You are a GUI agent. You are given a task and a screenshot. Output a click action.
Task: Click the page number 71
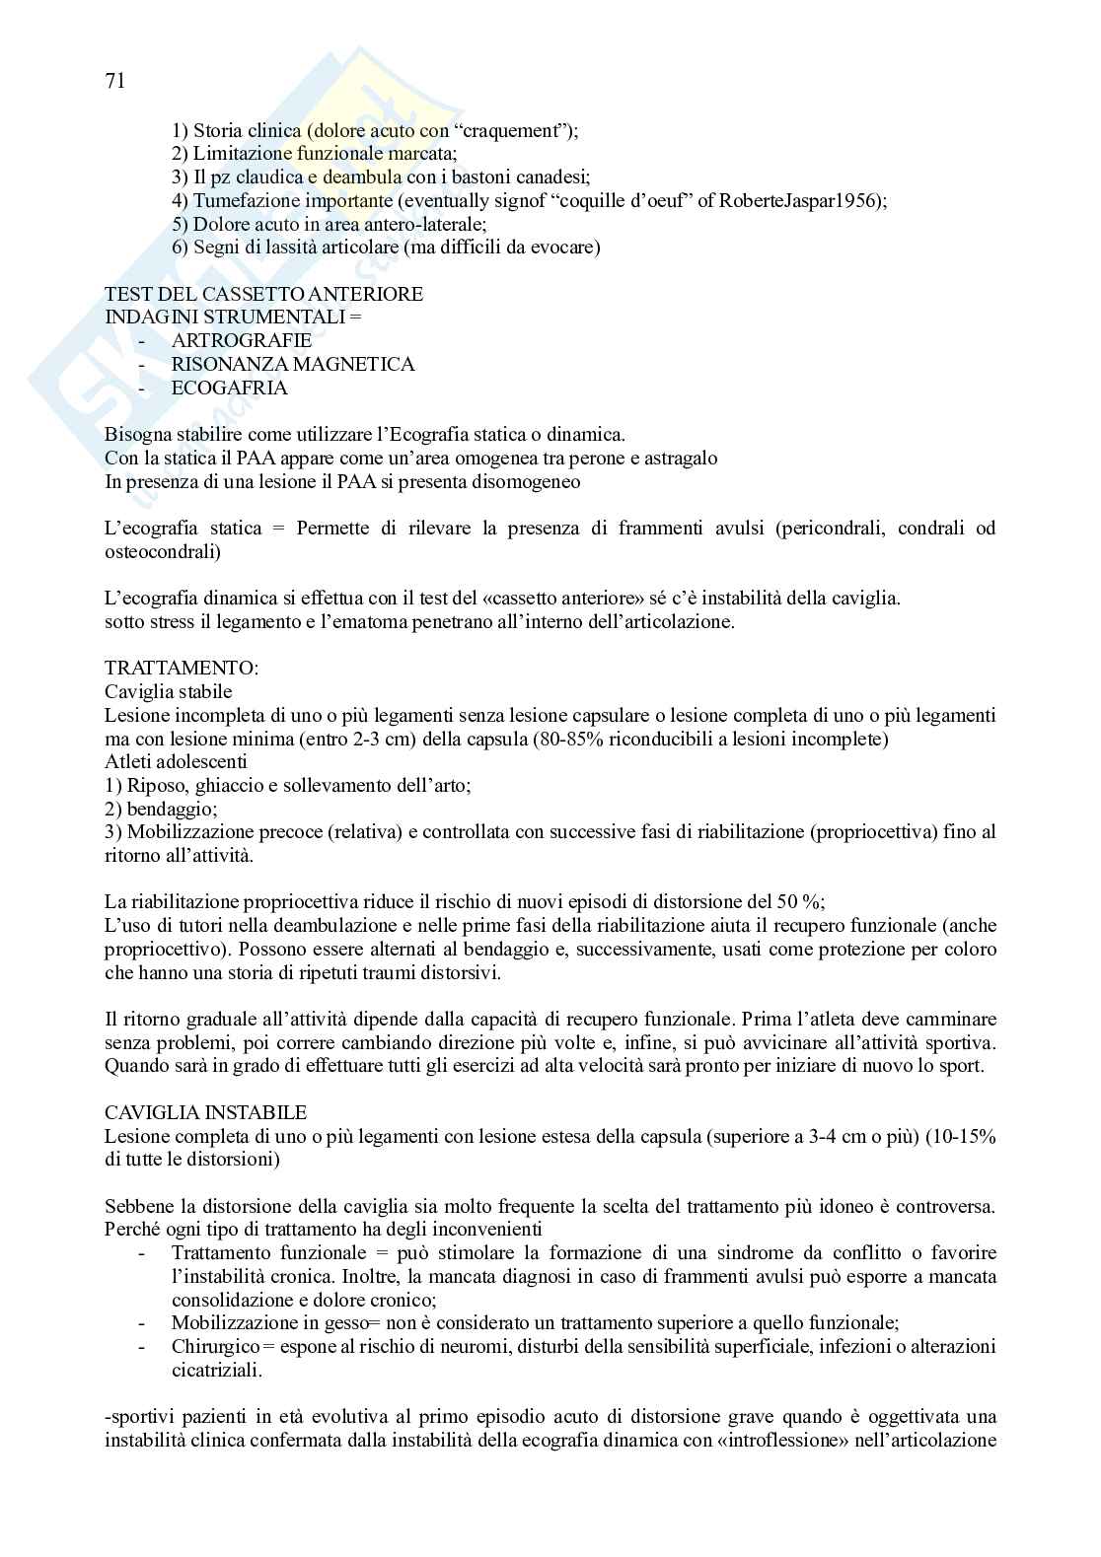(x=114, y=82)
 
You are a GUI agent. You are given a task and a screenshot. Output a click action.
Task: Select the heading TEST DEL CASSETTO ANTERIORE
(x=264, y=294)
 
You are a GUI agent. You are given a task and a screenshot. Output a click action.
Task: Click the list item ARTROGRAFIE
(x=242, y=341)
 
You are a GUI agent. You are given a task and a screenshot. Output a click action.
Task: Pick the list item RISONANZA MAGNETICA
(x=293, y=365)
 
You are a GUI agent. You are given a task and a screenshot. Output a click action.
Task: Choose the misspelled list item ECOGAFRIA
(x=230, y=389)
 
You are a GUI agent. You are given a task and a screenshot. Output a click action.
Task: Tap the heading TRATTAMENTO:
(x=182, y=669)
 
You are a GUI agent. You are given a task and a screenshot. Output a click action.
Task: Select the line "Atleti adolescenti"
(x=176, y=762)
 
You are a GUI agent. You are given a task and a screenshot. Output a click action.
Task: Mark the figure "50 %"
(x=800, y=901)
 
